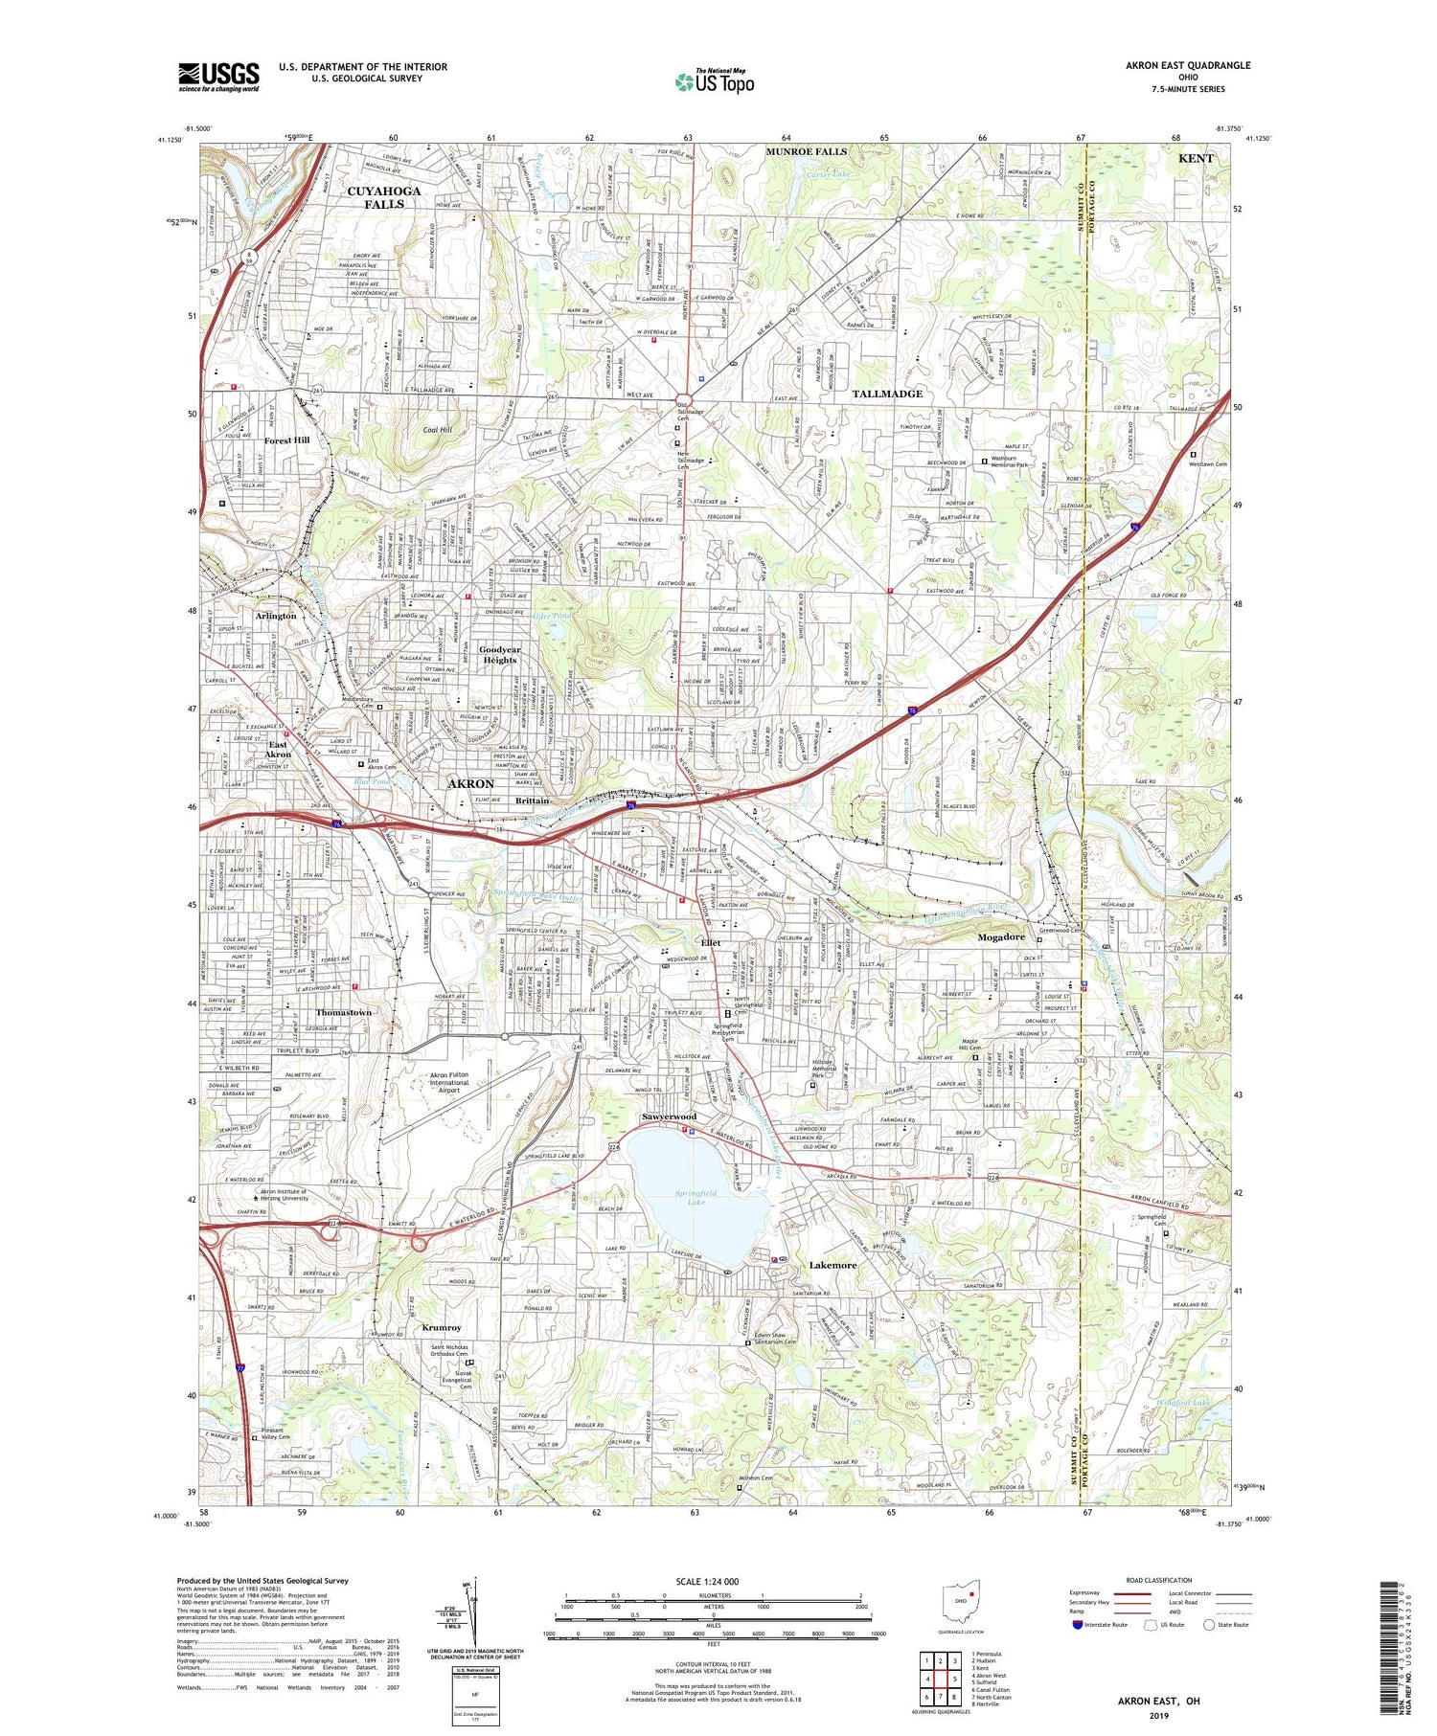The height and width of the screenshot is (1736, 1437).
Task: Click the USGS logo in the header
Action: coord(218,77)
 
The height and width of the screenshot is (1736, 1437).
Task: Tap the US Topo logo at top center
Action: coord(714,81)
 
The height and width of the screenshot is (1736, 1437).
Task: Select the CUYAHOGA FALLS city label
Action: coord(383,197)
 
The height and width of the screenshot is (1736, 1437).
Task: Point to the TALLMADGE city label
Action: coord(887,394)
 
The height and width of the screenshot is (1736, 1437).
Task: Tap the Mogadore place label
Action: coord(1001,936)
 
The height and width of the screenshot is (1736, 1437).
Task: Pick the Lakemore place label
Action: coord(833,1265)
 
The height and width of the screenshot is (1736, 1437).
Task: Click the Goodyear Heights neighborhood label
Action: coord(499,654)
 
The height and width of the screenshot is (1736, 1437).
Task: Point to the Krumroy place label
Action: coord(441,1328)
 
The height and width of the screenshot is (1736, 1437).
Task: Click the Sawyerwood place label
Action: coord(669,1117)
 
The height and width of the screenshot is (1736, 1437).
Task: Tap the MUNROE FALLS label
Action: coord(806,152)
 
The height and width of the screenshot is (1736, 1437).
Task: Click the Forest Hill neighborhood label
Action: coord(286,440)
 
